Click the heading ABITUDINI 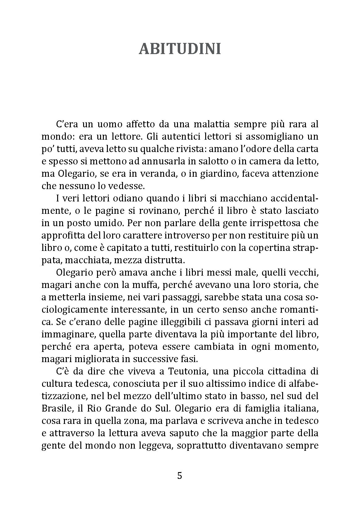tap(180, 49)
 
